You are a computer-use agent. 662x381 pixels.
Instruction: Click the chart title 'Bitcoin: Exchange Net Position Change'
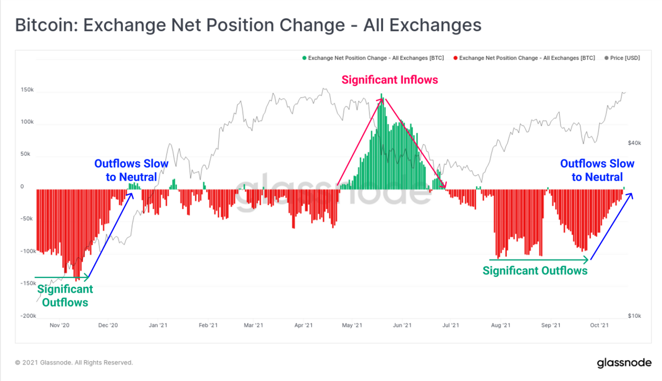pyautogui.click(x=248, y=25)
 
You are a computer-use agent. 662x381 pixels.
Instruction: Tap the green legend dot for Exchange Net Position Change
pyautogui.click(x=304, y=58)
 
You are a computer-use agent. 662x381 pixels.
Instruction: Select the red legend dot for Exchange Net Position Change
pyautogui.click(x=455, y=58)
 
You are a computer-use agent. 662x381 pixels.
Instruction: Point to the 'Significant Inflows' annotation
pyautogui.click(x=390, y=80)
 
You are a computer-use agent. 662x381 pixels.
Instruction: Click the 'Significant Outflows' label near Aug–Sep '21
pyautogui.click(x=535, y=271)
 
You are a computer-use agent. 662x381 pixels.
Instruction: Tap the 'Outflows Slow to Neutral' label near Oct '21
pyautogui.click(x=597, y=170)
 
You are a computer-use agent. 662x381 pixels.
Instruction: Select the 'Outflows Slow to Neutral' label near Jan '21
pyautogui.click(x=131, y=170)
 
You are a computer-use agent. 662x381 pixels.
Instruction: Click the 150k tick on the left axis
pyautogui.click(x=27, y=90)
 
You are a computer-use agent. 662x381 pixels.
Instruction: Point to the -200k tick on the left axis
pyautogui.click(x=28, y=316)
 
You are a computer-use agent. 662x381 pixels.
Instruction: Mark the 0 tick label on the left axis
pyautogui.click(x=22, y=187)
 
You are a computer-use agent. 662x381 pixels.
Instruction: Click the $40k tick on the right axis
pyautogui.click(x=634, y=143)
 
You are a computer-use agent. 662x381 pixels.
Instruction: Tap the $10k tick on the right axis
pyautogui.click(x=634, y=316)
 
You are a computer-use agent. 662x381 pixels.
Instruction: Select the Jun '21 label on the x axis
pyautogui.click(x=402, y=325)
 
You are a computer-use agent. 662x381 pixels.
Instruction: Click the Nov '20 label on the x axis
pyautogui.click(x=59, y=325)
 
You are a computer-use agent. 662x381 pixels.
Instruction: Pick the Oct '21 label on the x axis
pyautogui.click(x=599, y=325)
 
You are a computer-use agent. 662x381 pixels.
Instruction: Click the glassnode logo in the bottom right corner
pyautogui.click(x=624, y=363)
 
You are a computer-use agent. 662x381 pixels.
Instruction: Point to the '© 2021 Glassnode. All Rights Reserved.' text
pyautogui.click(x=74, y=363)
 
